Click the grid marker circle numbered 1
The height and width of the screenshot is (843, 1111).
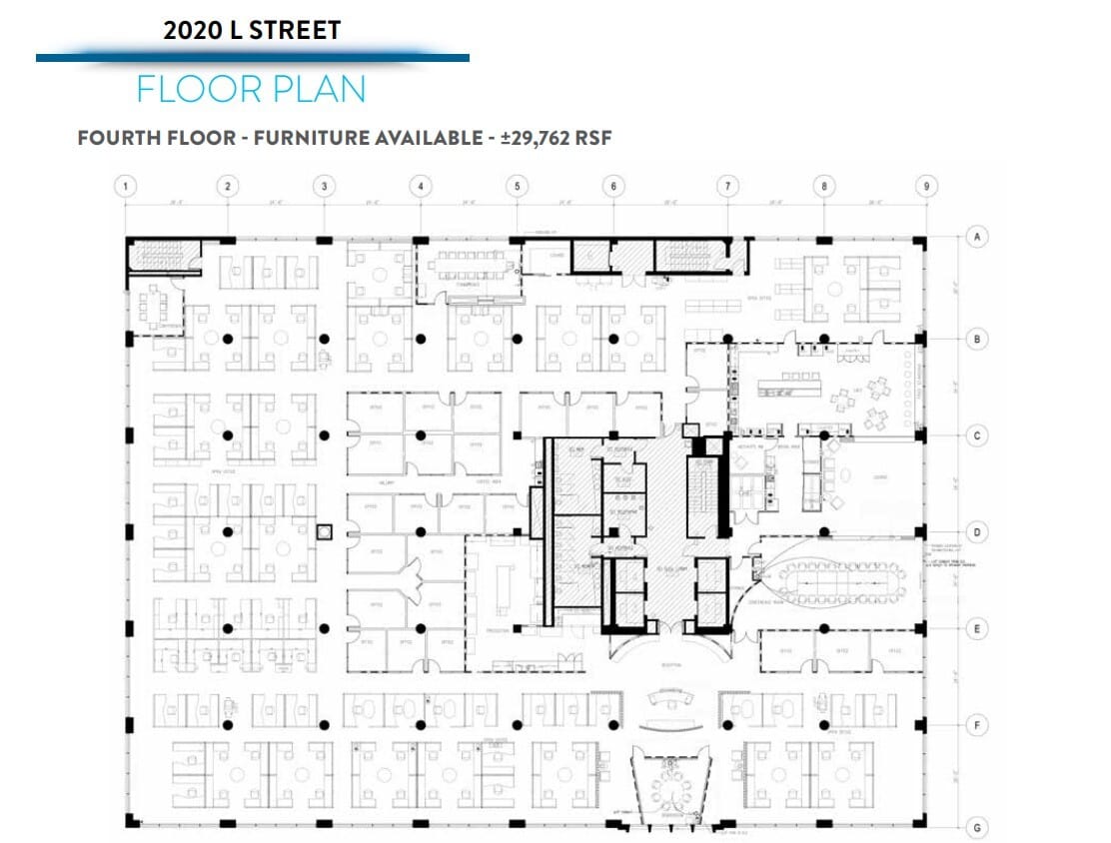[x=124, y=185]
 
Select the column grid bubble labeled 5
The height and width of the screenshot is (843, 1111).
[x=517, y=185]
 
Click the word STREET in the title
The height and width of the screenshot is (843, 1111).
[x=295, y=30]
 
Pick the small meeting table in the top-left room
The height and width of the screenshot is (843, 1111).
[x=157, y=305]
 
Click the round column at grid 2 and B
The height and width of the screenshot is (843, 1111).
[x=228, y=339]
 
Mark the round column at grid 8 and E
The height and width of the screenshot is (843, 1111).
[x=824, y=628]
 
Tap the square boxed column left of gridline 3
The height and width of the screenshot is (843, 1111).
[x=323, y=532]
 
